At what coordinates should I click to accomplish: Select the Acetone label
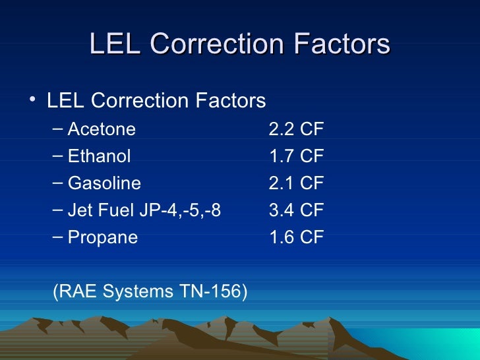click(x=102, y=129)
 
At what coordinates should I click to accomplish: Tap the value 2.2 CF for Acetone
click(x=296, y=129)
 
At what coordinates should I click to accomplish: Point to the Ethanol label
click(x=100, y=156)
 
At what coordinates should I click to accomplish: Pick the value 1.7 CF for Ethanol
click(x=296, y=156)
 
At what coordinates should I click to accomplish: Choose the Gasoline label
click(x=104, y=183)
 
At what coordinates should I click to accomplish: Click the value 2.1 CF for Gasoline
click(x=296, y=183)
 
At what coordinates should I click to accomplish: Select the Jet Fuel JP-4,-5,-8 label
click(x=144, y=210)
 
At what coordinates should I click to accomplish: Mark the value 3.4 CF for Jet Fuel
click(x=296, y=210)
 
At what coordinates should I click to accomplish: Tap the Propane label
click(x=103, y=237)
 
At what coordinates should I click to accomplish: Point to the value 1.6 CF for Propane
click(x=296, y=237)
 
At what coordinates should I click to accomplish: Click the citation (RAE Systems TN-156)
click(x=150, y=291)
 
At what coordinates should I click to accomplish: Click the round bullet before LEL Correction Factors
click(x=33, y=100)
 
